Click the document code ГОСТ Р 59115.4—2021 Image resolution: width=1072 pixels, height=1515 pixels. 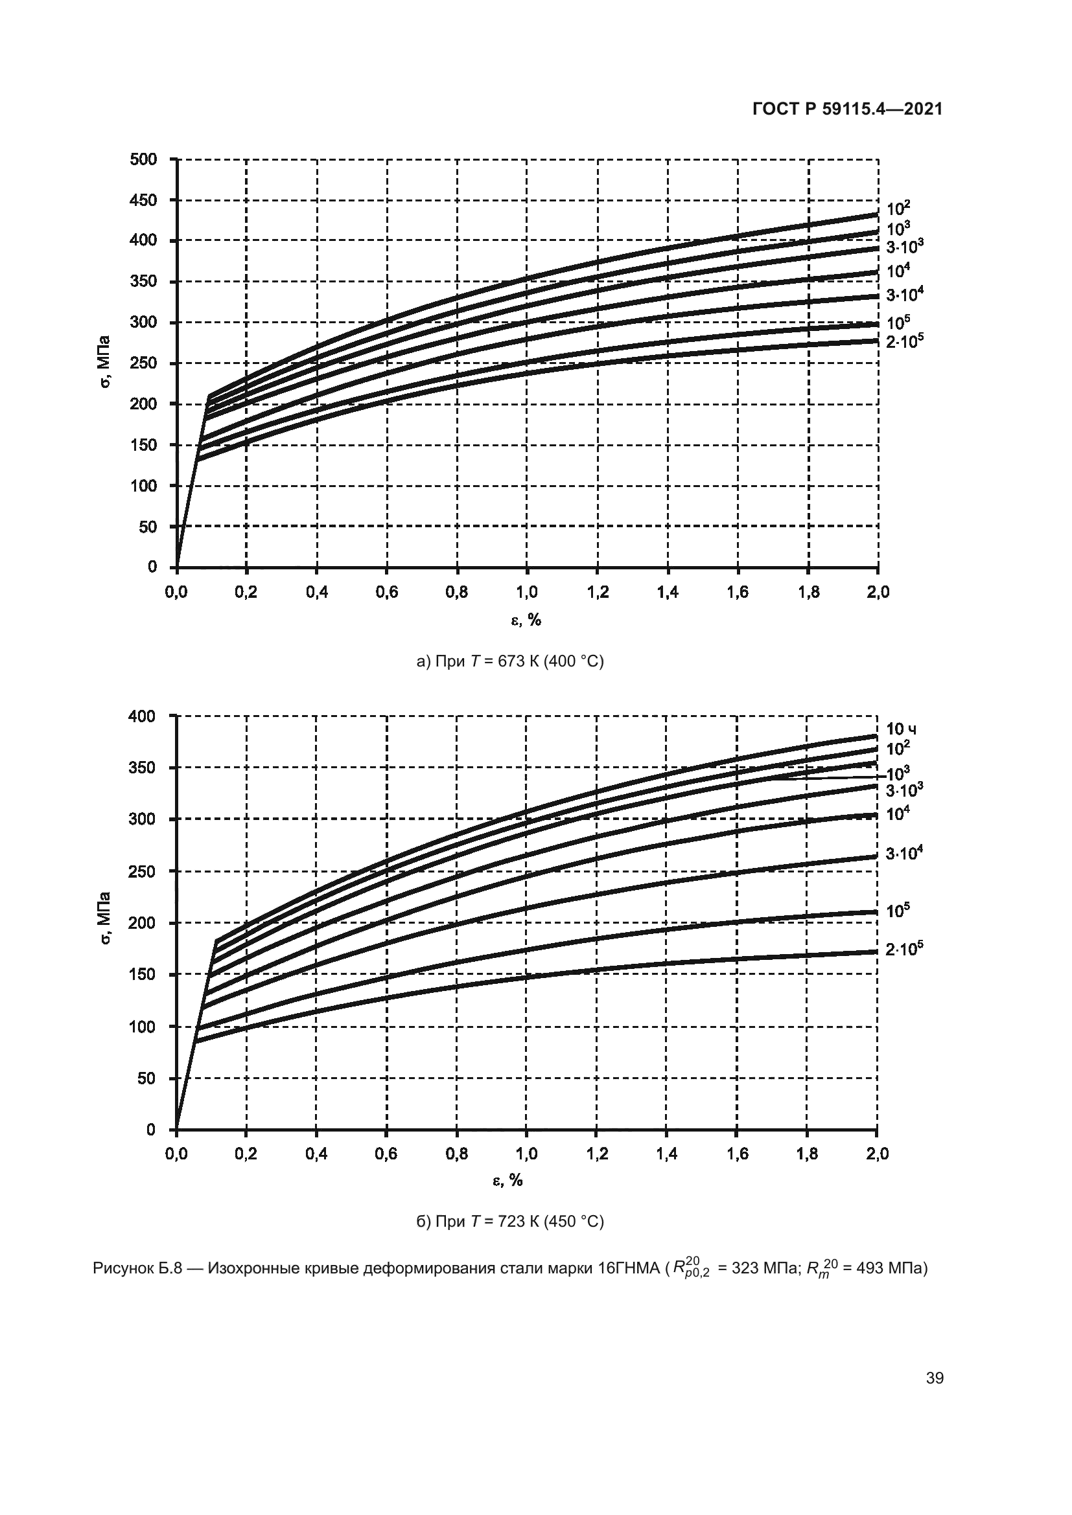847,109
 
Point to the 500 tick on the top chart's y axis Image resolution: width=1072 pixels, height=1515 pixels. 144,159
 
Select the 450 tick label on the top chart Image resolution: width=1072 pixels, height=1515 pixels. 144,200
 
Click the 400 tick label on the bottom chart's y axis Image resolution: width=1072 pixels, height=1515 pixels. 143,716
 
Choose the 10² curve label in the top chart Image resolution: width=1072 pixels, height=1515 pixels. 898,209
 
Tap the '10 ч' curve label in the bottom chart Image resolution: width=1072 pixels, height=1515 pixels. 900,729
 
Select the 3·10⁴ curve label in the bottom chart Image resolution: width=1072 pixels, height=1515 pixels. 903,853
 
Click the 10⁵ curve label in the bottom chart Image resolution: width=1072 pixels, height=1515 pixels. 898,911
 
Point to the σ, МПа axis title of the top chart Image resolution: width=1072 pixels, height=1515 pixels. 105,362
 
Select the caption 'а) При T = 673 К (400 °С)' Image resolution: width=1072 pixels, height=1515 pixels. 509,661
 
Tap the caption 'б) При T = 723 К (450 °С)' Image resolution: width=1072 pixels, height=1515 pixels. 509,1222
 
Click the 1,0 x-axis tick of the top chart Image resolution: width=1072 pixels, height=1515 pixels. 527,593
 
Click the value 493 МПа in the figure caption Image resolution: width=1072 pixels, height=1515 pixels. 889,1268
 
